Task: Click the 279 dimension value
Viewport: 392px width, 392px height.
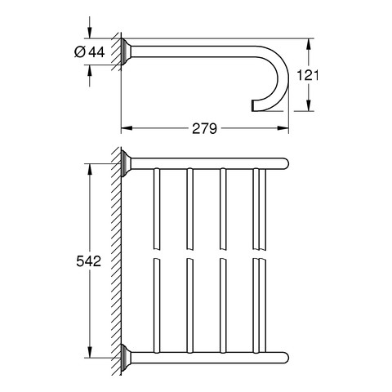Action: pos(204,128)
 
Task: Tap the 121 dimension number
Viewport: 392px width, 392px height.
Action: pos(307,75)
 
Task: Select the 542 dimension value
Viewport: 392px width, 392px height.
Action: pos(89,261)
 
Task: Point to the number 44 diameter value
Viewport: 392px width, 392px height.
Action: pos(96,52)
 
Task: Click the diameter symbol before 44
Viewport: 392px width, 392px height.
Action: pos(80,52)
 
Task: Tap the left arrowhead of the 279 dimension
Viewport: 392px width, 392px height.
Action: pos(127,128)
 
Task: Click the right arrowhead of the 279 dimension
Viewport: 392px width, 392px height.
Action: pos(283,128)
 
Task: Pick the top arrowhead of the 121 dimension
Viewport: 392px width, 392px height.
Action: pos(308,44)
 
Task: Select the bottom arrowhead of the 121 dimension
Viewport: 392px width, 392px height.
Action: pos(308,105)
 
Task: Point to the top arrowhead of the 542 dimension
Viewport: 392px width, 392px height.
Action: pos(90,169)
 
